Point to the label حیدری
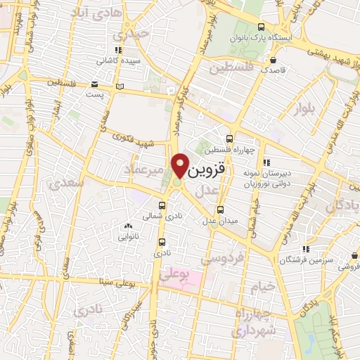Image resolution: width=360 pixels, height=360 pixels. (x=133, y=32)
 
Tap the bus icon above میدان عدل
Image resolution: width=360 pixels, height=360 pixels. (x=221, y=209)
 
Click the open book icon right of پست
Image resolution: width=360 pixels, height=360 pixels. (x=119, y=86)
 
